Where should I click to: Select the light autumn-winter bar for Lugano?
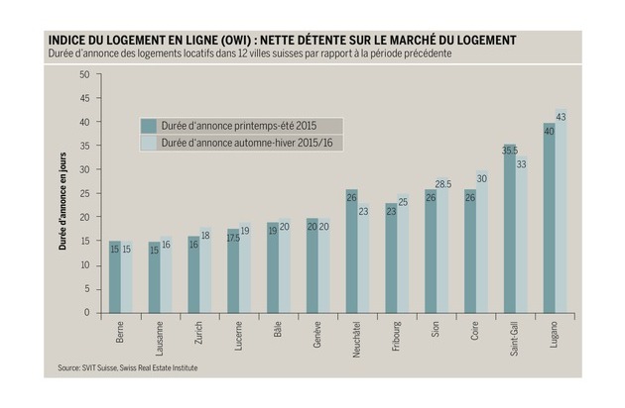point(562,213)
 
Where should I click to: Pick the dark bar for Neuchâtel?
point(351,253)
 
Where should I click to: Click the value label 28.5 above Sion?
point(444,184)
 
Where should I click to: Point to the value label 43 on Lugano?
point(562,118)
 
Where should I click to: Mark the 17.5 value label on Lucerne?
point(233,238)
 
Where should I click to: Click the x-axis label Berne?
point(121,331)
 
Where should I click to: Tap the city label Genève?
point(317,332)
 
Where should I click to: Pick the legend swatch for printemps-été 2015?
point(149,126)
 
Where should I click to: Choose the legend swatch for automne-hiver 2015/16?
point(149,143)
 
